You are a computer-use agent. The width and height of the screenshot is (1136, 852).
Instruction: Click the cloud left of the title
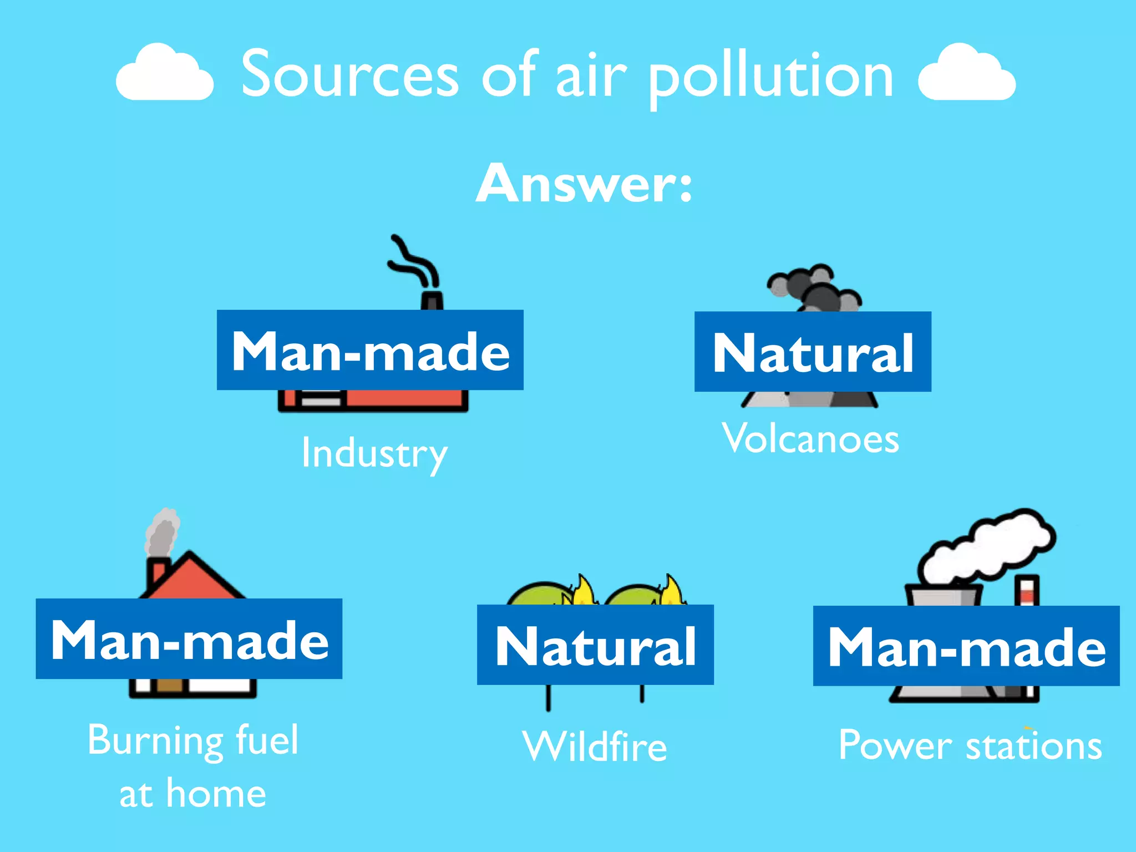click(x=164, y=74)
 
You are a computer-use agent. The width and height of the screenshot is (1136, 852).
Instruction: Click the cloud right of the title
click(x=967, y=74)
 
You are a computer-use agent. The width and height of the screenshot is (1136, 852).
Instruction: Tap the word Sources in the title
click(x=350, y=75)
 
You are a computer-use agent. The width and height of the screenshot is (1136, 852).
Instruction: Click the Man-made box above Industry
click(x=370, y=350)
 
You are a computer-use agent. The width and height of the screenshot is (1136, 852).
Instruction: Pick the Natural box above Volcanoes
click(x=813, y=352)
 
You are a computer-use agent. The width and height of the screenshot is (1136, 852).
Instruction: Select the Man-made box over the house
click(x=189, y=639)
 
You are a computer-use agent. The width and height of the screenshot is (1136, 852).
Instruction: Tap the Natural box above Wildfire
click(x=595, y=645)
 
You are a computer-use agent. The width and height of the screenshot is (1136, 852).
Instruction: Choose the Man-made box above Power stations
click(x=966, y=646)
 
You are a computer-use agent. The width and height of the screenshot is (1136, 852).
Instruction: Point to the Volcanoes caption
click(x=810, y=439)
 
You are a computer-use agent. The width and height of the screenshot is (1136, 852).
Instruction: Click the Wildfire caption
click(x=595, y=746)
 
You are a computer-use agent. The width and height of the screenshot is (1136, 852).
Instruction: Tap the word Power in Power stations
click(x=895, y=745)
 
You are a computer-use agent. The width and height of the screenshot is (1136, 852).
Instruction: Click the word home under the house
click(x=216, y=793)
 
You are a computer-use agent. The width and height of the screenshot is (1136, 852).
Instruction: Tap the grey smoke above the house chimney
click(x=162, y=532)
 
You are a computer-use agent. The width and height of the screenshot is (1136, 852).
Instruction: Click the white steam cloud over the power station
click(x=987, y=546)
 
